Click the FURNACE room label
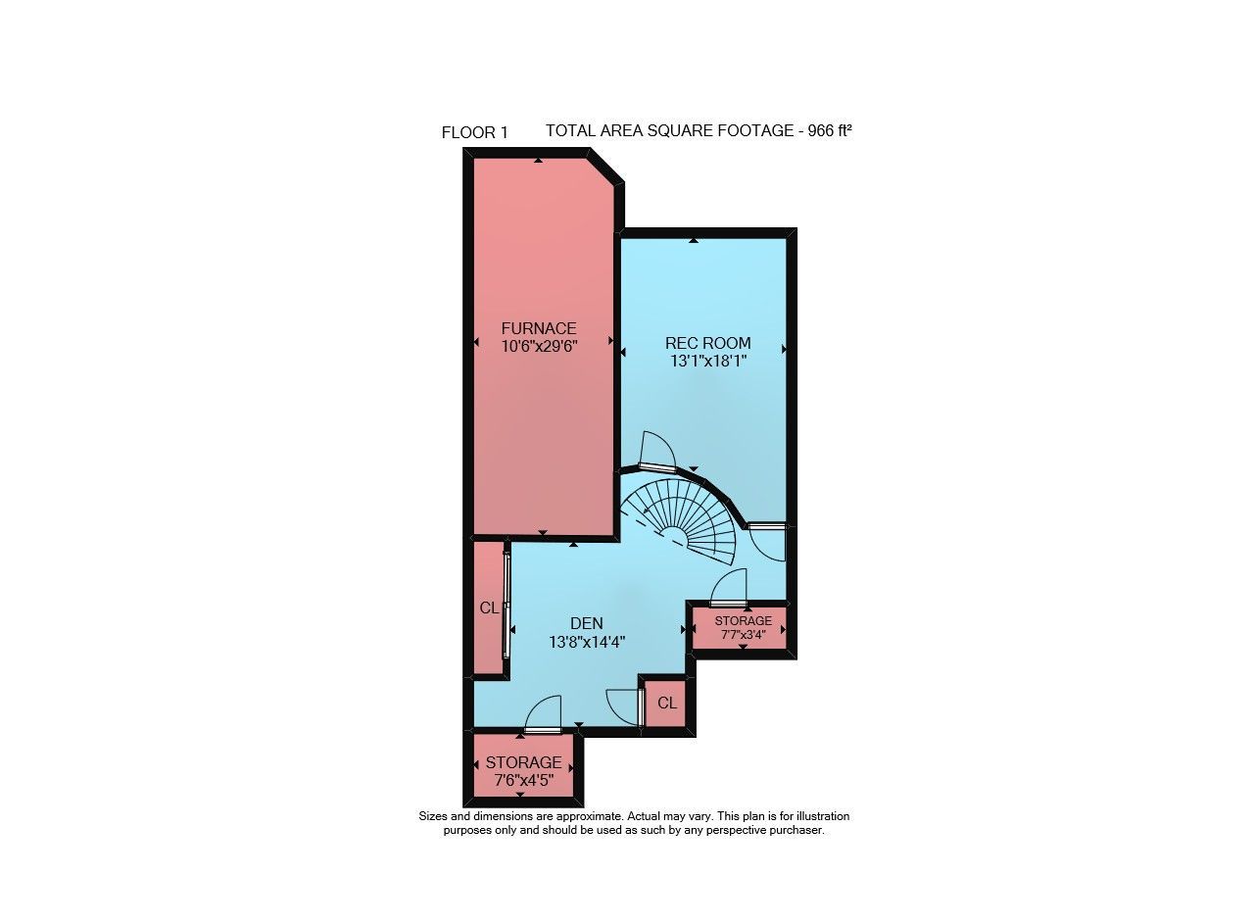click(539, 328)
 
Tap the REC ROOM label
click(708, 343)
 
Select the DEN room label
click(587, 623)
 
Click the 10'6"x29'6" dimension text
click(539, 346)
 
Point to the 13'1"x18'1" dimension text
click(708, 361)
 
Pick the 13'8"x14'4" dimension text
click(587, 641)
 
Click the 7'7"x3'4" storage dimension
click(743, 634)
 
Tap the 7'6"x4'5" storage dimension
click(524, 780)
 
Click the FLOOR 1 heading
click(475, 132)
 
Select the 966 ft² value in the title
click(830, 130)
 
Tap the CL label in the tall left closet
click(489, 608)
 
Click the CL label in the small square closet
click(667, 703)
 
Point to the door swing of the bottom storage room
click(542, 713)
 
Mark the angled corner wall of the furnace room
click(605, 166)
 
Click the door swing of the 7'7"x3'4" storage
click(729, 586)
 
